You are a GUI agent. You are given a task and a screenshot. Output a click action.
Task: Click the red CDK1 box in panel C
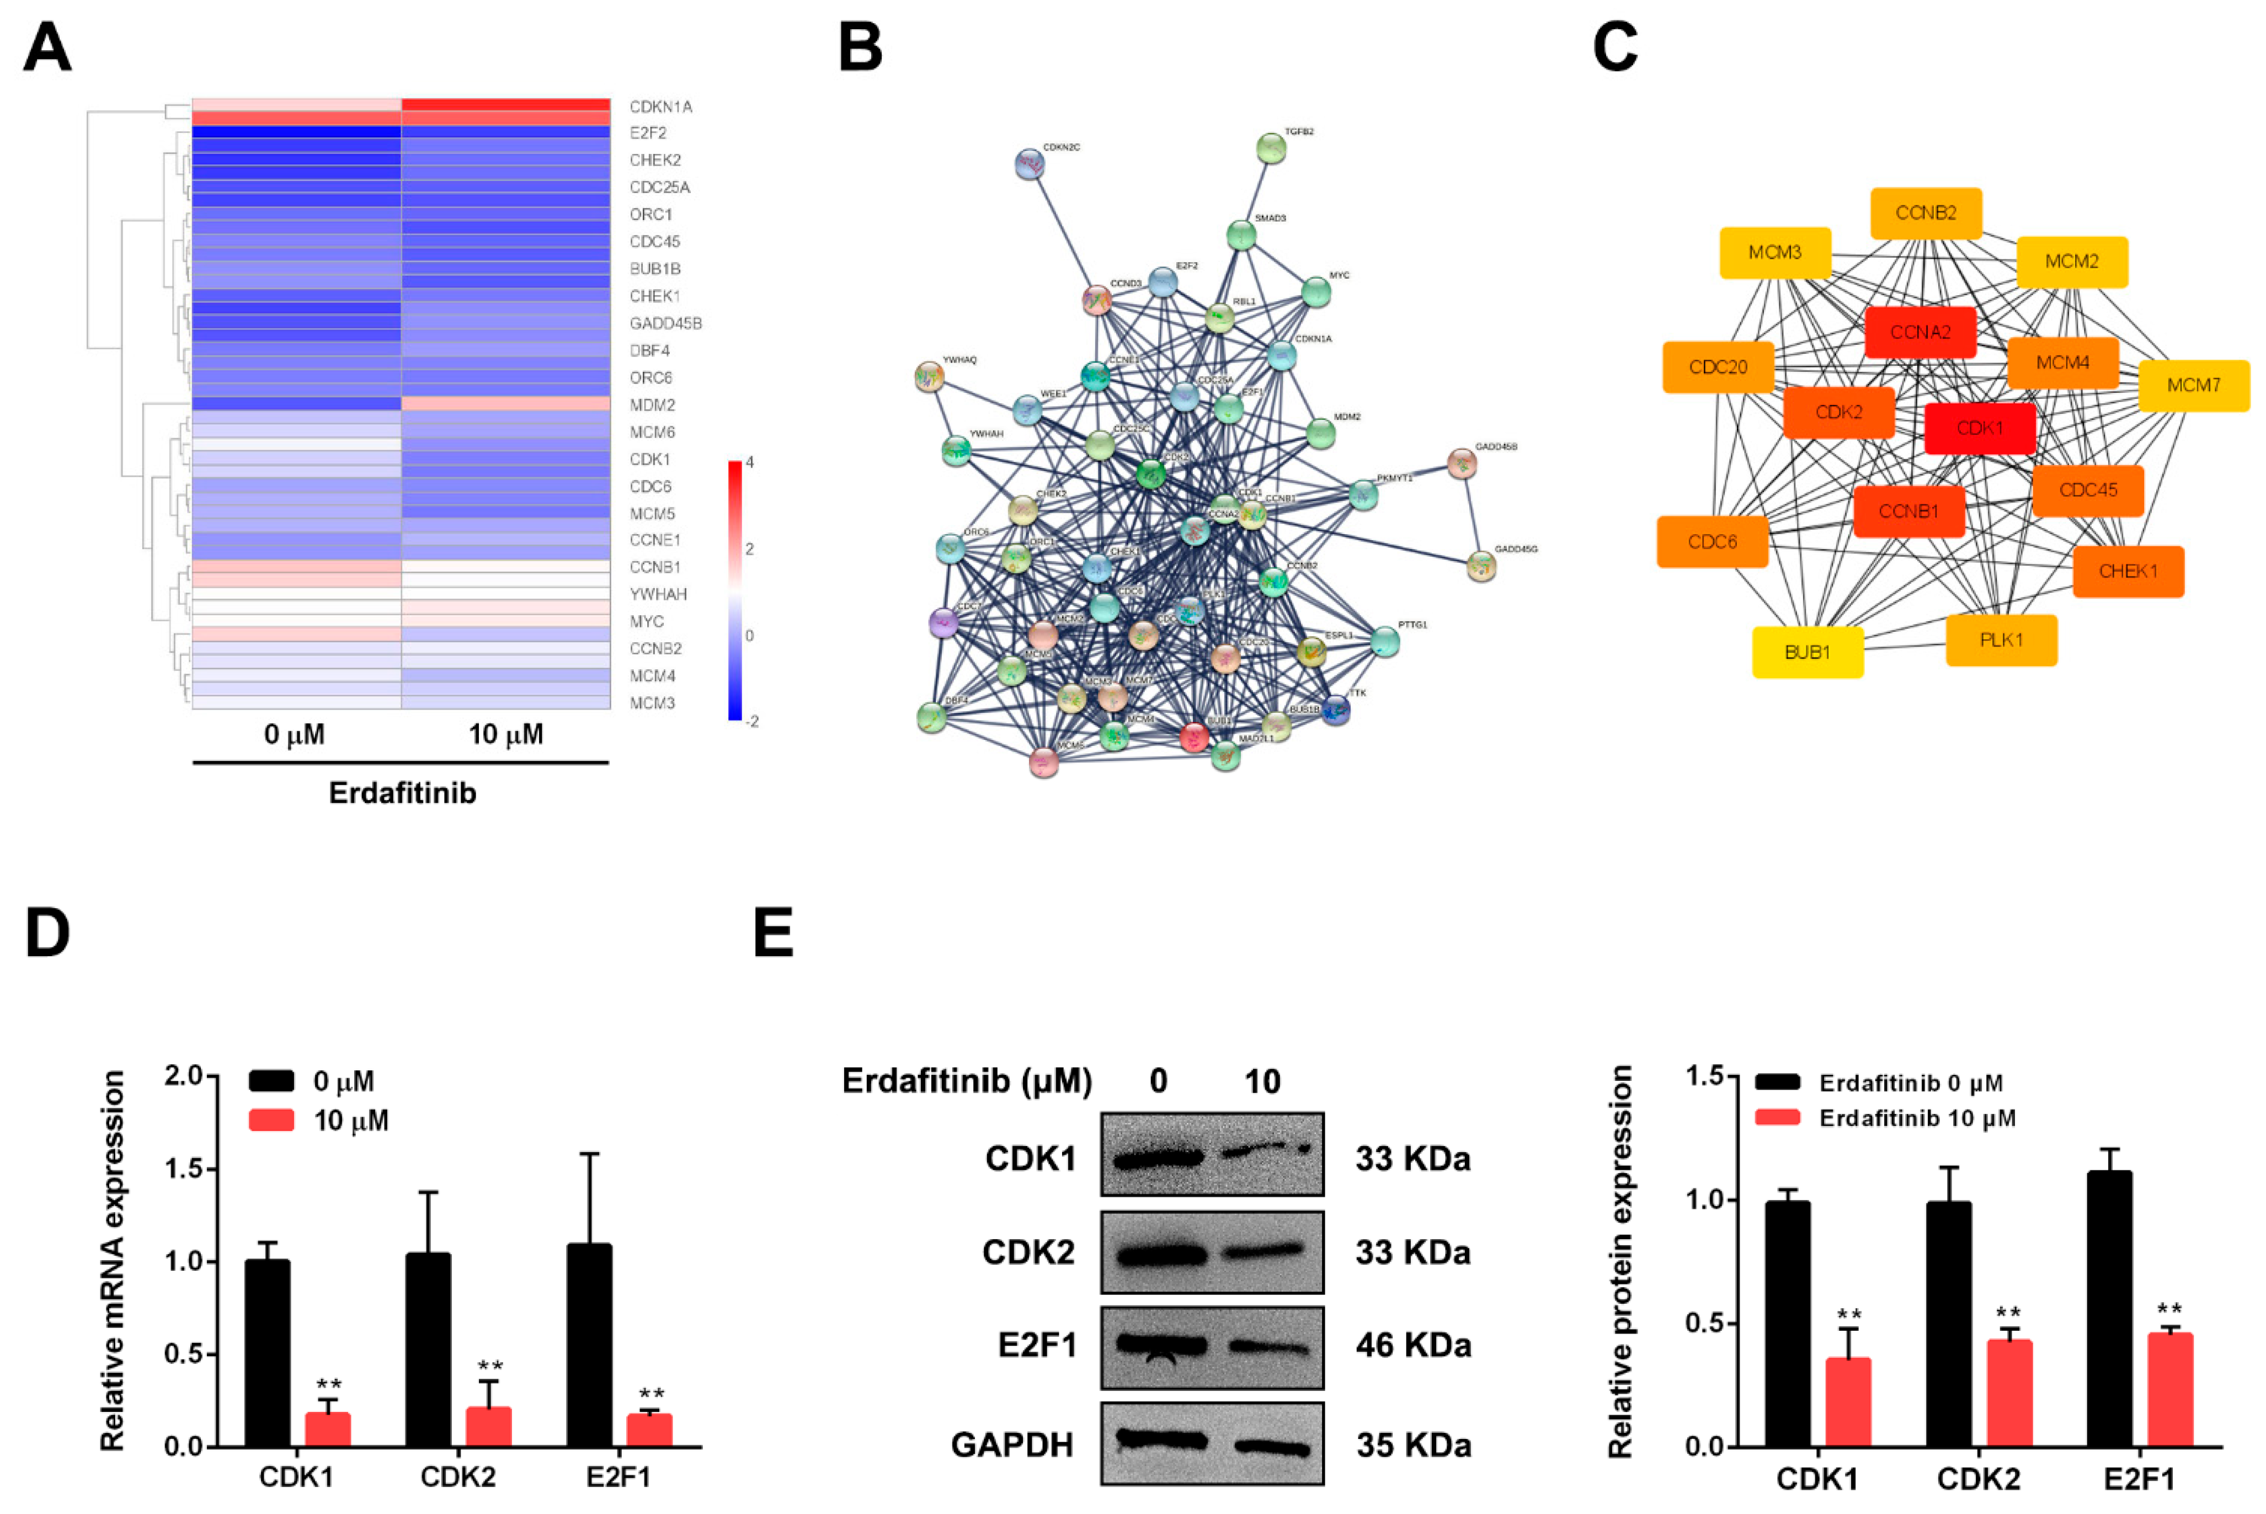(x=1979, y=428)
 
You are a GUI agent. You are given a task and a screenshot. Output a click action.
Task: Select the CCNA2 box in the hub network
(x=1920, y=332)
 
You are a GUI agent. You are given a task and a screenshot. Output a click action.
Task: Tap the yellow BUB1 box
(x=1806, y=652)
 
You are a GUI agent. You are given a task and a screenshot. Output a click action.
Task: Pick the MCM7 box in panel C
(x=2193, y=385)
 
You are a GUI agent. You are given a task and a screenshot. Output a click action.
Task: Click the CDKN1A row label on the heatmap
(x=660, y=106)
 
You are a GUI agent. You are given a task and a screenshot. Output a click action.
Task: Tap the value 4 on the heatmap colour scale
(x=750, y=462)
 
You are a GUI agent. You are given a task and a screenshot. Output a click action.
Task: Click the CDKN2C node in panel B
(x=1030, y=164)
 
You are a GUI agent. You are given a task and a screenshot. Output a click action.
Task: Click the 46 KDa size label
(x=1412, y=1345)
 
